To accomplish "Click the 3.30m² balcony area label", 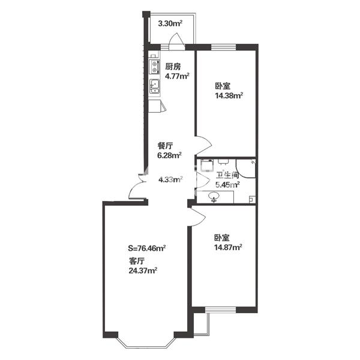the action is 170,23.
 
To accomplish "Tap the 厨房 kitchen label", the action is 173,67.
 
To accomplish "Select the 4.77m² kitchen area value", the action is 177,76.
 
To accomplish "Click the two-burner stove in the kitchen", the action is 154,67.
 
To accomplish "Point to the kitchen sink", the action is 155,86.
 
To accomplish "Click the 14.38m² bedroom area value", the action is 229,95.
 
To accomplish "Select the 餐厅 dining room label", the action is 165,146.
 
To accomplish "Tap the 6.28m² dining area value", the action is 169,155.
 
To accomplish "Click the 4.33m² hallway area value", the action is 170,179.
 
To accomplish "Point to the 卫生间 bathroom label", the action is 228,176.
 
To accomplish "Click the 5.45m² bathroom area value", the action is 227,185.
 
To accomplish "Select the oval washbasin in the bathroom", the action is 214,197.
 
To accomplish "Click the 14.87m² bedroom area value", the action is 228,247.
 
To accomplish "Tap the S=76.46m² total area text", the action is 147,248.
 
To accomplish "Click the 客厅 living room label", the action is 137,261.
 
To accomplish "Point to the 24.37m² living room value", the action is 143,271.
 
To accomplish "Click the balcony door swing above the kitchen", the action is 177,41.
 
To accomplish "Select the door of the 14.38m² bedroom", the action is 203,145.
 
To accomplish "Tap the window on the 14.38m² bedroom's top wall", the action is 223,47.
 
